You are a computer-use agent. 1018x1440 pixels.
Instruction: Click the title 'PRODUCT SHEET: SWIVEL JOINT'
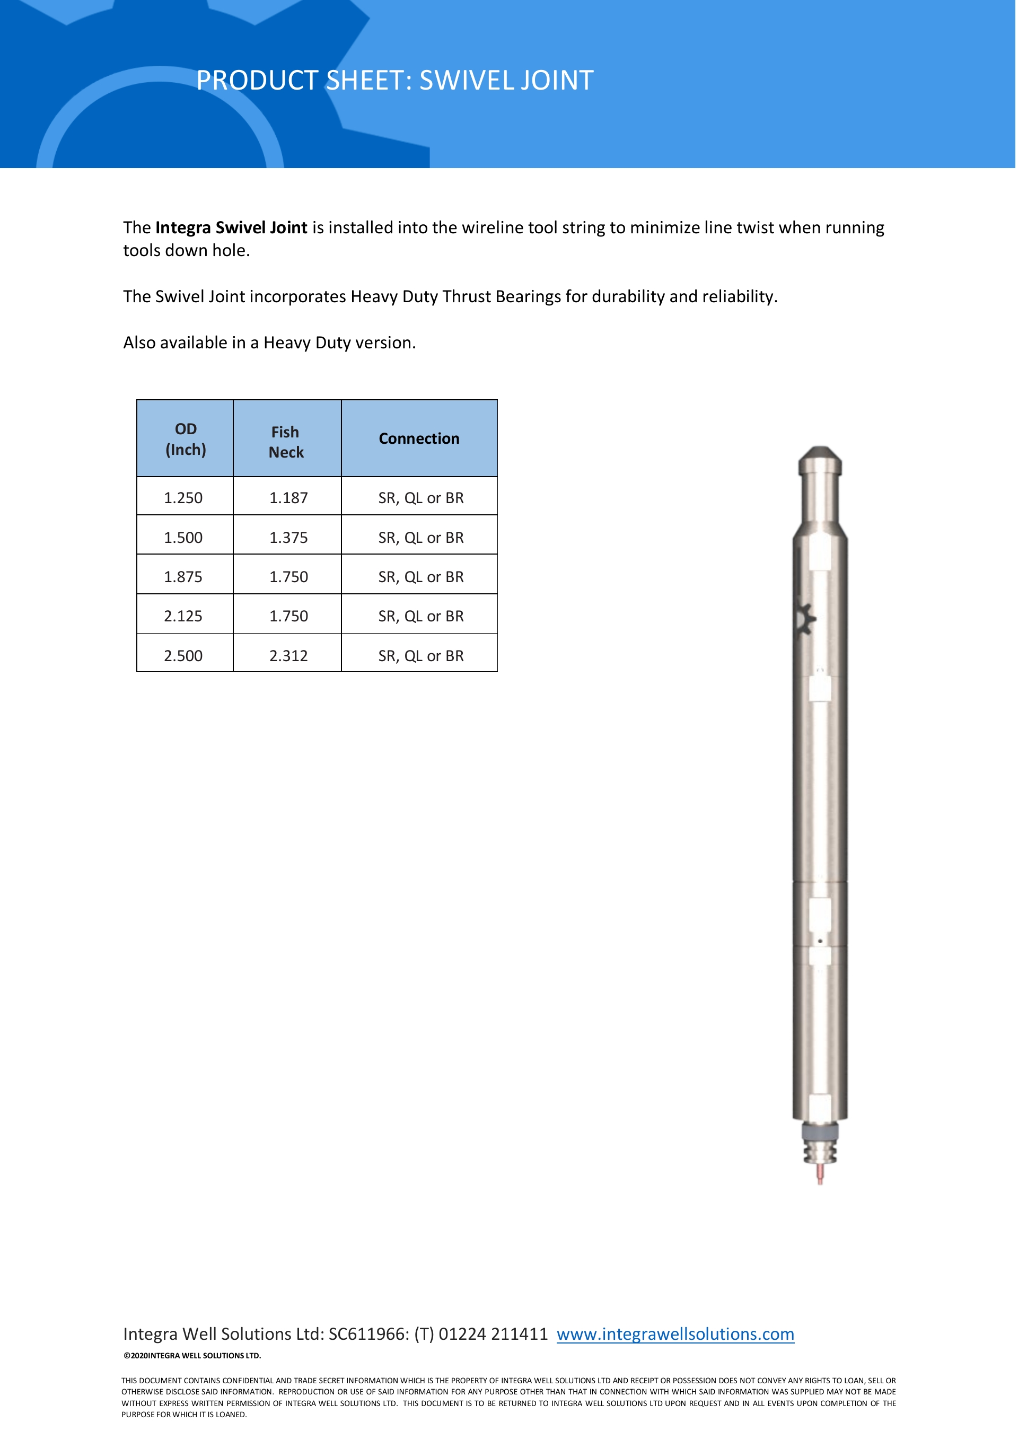[394, 80]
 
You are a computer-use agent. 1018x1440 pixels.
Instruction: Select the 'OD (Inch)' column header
[186, 439]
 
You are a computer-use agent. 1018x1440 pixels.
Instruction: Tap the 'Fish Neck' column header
[286, 442]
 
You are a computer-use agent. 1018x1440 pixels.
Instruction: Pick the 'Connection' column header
[419, 438]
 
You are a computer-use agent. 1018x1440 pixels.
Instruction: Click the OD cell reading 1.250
[183, 498]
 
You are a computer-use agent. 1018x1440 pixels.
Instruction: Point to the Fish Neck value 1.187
[288, 498]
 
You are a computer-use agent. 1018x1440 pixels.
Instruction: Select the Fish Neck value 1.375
[288, 538]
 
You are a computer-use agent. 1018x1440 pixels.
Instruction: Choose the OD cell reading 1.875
[183, 577]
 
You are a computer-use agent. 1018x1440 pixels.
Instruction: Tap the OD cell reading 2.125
[183, 617]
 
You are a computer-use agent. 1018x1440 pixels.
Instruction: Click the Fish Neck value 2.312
[288, 656]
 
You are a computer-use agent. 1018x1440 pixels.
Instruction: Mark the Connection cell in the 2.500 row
[421, 656]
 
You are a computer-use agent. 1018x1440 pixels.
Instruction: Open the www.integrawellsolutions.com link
[675, 1334]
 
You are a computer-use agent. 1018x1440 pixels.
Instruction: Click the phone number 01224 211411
[493, 1334]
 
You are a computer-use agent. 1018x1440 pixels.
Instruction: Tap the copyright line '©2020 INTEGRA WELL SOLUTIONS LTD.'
[192, 1355]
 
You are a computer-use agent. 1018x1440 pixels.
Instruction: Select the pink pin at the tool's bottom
[820, 1173]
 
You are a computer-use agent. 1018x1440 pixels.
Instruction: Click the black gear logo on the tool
[805, 620]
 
